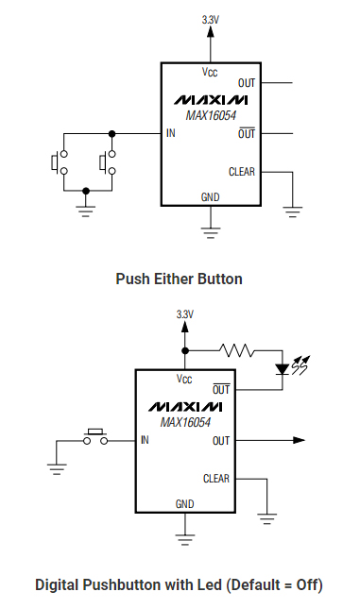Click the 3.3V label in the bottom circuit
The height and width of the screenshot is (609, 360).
click(184, 313)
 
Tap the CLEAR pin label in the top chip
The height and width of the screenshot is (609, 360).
click(242, 172)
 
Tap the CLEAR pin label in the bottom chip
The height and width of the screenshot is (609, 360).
click(216, 479)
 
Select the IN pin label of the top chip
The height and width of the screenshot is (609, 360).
click(171, 133)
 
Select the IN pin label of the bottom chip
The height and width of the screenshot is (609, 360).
click(145, 440)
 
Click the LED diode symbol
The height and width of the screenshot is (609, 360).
click(281, 367)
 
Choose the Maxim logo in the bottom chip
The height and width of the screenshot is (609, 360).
click(185, 407)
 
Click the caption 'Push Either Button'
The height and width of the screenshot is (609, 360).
click(179, 279)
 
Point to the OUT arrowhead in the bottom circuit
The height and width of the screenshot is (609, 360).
click(299, 440)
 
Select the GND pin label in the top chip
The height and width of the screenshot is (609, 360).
click(210, 196)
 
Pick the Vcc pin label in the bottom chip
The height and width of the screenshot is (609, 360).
click(185, 379)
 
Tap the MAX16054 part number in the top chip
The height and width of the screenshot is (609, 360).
click(211, 116)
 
